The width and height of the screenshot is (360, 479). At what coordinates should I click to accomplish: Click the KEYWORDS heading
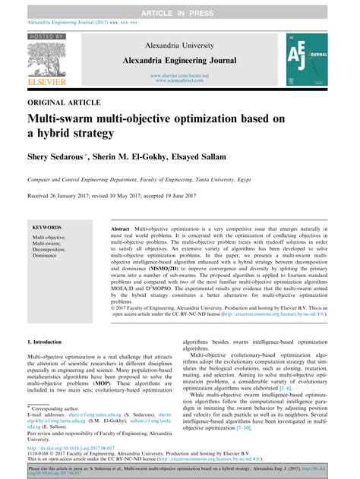coord(48,227)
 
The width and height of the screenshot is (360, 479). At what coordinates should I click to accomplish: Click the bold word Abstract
coord(120,228)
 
